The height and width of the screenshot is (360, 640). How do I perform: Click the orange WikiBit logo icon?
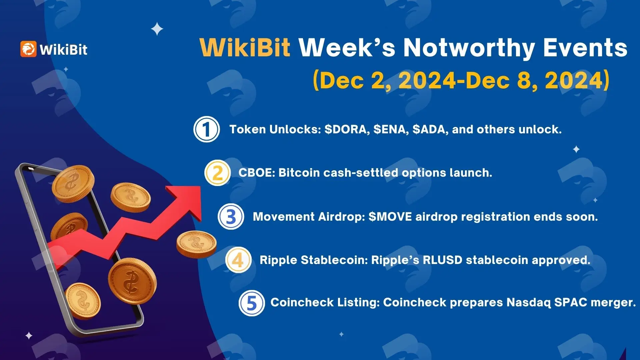pos(28,49)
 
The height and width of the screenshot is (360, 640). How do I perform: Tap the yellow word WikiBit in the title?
pos(245,48)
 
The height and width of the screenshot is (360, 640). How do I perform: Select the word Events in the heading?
pos(585,48)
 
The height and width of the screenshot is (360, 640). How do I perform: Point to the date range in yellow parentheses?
pos(461,80)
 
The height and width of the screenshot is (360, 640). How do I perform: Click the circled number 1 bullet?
pos(207,129)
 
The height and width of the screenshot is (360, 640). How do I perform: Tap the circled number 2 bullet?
pos(217,173)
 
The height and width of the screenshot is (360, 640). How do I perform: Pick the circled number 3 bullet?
pos(231,217)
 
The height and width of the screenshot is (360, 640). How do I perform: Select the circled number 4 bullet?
pos(238,260)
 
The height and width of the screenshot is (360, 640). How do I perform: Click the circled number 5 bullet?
pos(252,303)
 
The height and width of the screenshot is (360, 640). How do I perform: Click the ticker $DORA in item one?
pos(347,129)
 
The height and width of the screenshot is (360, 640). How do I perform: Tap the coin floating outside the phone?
pos(196,244)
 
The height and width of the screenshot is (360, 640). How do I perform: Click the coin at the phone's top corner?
pos(73,183)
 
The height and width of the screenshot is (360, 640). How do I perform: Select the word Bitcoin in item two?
pos(299,173)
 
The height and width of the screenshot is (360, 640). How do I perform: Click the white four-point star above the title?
pos(157,29)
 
